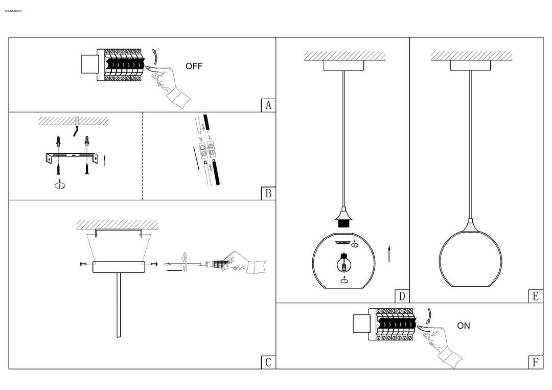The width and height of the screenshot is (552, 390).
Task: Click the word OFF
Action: (194, 66)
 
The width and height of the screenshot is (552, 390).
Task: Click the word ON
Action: (464, 326)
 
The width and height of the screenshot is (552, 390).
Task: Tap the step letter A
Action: (268, 105)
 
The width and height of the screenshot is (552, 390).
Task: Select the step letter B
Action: (268, 194)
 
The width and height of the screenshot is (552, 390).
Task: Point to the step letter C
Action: (268, 362)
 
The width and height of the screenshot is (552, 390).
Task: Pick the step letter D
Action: (402, 296)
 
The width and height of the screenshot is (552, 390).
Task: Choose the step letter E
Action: (535, 296)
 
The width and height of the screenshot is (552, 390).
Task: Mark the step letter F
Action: (535, 362)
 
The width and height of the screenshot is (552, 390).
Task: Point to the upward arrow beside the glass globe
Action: (389, 254)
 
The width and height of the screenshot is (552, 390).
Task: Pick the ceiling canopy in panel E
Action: (470, 65)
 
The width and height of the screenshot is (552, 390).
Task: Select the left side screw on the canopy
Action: (83, 264)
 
